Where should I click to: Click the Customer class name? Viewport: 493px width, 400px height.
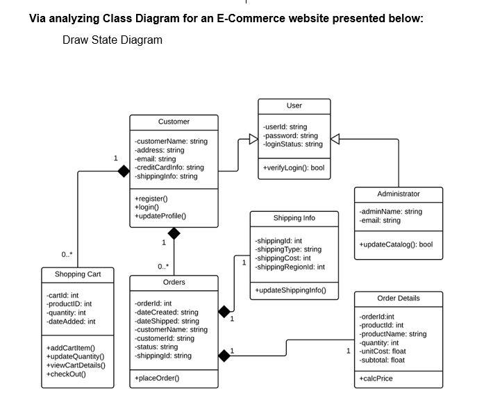[174, 122]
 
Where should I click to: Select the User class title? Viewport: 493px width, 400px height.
[294, 106]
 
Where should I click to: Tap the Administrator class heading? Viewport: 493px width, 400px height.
[398, 194]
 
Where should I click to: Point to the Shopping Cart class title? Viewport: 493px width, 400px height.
[78, 274]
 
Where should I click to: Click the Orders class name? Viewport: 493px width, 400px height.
[174, 283]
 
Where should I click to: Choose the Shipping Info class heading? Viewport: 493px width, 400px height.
[294, 218]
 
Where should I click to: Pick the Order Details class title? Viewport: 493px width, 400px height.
[398, 299]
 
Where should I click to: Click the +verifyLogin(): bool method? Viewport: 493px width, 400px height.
[293, 168]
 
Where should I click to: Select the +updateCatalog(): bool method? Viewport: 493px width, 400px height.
[395, 244]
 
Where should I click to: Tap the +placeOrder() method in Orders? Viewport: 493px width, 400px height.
[157, 378]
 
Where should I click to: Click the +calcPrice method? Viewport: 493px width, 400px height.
[376, 378]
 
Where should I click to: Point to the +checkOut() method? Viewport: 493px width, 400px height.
[66, 374]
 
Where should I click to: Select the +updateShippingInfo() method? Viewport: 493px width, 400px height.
[290, 290]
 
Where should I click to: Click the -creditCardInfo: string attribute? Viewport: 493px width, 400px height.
[169, 167]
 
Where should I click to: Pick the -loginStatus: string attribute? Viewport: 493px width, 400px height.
[292, 144]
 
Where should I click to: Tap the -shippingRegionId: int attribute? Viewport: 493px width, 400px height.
[290, 267]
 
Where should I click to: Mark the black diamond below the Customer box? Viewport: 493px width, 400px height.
[174, 233]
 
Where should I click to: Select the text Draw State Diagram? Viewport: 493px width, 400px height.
[112, 40]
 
